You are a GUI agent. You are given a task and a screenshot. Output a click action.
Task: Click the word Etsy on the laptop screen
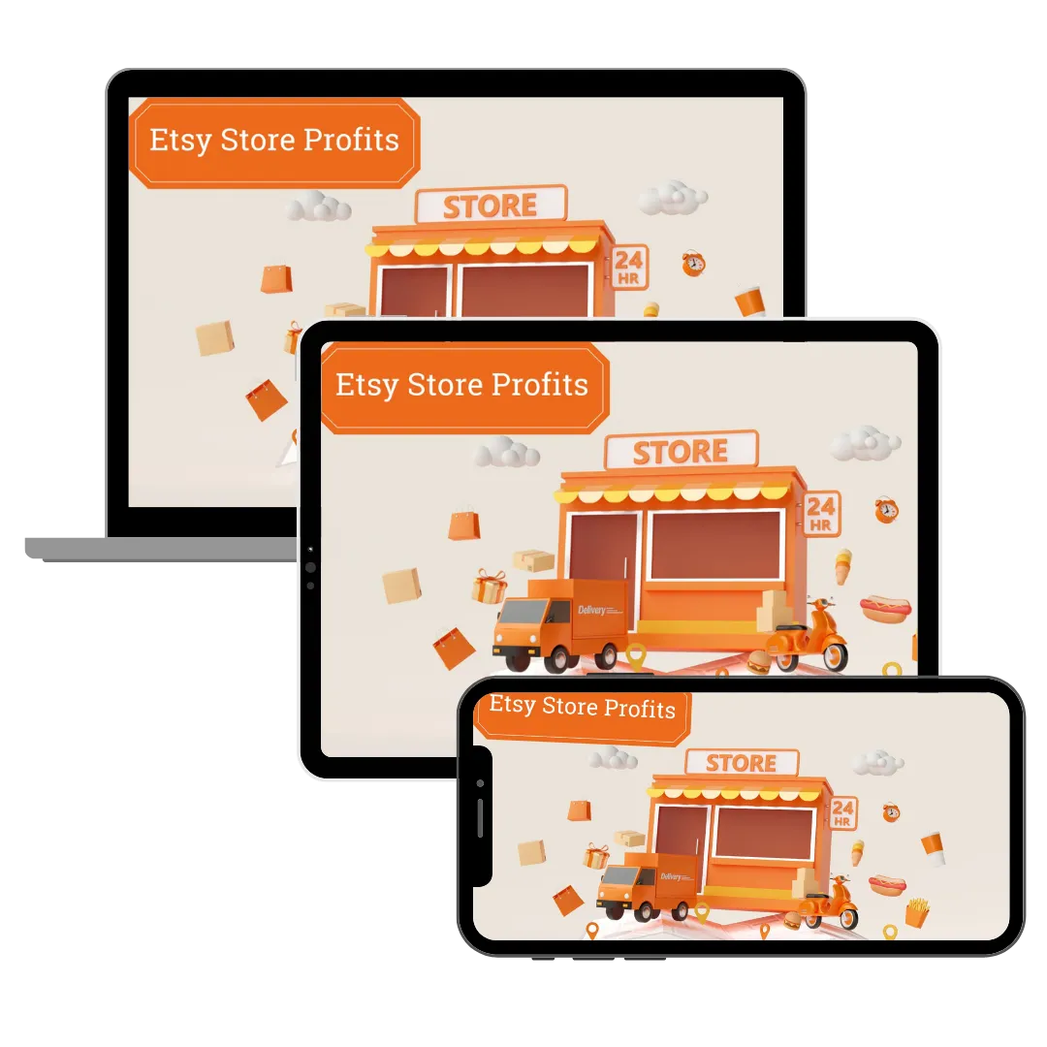(181, 141)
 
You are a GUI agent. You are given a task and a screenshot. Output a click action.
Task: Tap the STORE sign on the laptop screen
(490, 206)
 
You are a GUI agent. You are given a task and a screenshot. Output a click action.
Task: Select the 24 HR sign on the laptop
(628, 267)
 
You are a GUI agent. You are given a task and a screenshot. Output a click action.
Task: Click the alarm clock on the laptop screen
(692, 263)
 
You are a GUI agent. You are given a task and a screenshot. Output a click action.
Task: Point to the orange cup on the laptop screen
(749, 301)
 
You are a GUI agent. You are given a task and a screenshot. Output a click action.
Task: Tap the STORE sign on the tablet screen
(680, 452)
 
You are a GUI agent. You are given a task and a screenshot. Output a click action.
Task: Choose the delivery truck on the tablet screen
(559, 623)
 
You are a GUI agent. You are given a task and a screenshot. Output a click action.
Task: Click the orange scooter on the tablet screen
(809, 635)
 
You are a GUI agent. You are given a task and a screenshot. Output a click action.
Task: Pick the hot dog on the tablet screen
(884, 608)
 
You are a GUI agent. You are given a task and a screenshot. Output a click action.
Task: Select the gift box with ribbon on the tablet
(490, 587)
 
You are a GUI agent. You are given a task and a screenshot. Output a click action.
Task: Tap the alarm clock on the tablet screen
(886, 510)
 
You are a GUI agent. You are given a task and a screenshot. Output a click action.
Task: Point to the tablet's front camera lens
(310, 568)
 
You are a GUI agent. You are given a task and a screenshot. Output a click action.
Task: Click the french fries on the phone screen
(917, 911)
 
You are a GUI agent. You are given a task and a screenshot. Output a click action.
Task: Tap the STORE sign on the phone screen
(741, 763)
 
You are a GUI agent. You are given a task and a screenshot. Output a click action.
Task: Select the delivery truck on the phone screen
(645, 886)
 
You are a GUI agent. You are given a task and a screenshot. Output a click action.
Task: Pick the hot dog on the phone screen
(886, 883)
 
